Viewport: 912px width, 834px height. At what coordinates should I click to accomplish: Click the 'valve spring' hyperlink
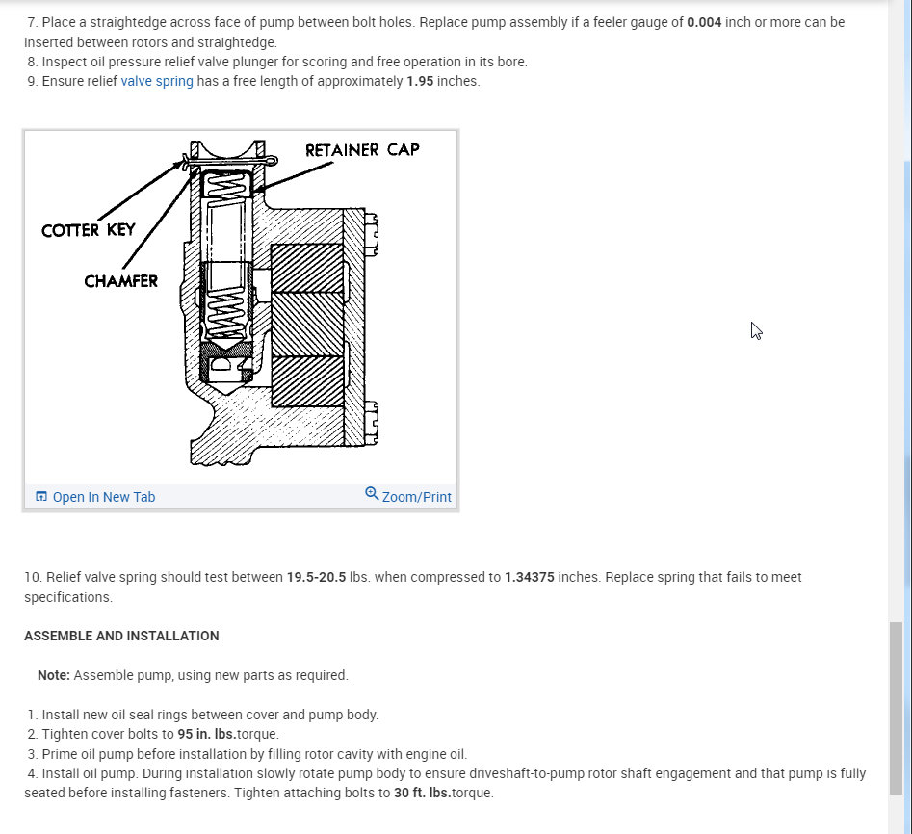157,81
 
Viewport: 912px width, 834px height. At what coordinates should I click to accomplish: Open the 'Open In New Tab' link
103,497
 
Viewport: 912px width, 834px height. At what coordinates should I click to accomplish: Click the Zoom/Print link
416,497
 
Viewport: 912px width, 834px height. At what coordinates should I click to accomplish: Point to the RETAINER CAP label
362,150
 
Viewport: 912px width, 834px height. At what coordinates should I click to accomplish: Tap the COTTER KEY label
89,230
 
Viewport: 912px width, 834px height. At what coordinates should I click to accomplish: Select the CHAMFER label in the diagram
120,281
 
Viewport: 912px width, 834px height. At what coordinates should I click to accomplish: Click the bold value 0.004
704,22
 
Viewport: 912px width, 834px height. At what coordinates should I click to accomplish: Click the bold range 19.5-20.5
316,577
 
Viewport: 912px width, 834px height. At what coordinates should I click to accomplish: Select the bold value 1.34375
529,577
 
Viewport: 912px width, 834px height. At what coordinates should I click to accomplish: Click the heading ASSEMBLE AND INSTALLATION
121,636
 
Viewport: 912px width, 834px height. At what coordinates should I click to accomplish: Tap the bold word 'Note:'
54,675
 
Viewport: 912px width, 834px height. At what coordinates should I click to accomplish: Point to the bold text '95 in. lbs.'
207,734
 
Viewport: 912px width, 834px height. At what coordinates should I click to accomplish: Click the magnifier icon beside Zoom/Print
372,494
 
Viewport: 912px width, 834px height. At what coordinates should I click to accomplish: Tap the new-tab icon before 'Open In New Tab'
41,496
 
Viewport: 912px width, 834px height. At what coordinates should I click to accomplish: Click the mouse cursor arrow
756,330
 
